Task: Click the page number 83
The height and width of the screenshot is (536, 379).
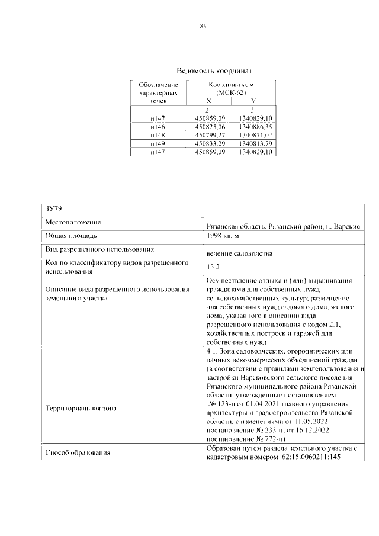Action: (x=203, y=27)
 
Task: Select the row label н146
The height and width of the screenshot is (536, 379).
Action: (x=158, y=127)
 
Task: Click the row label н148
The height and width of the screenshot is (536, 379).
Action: (x=158, y=135)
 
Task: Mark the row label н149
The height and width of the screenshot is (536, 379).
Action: (x=158, y=144)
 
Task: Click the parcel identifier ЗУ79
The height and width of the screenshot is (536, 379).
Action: (x=54, y=208)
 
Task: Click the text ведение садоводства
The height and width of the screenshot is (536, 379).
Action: (x=239, y=253)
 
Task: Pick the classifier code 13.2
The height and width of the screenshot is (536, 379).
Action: (x=213, y=267)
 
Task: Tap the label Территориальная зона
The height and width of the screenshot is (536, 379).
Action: (x=81, y=408)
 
